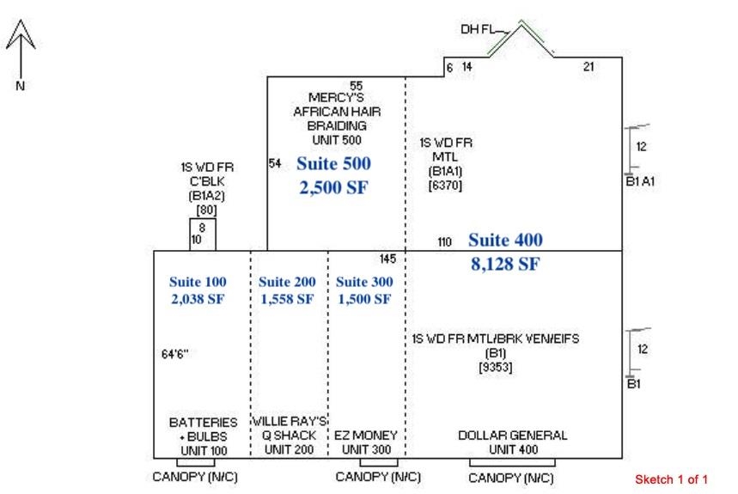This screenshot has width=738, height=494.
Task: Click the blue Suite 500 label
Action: (333, 163)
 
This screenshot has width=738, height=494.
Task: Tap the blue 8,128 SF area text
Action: (505, 265)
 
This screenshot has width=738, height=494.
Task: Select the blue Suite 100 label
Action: (198, 282)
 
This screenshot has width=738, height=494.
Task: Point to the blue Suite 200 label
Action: (287, 282)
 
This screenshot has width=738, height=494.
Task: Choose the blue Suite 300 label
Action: (363, 282)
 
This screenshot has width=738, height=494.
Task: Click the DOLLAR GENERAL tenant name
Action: (512, 436)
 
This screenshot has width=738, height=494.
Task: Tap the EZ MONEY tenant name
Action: (366, 436)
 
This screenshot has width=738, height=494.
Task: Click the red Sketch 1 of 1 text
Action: (671, 479)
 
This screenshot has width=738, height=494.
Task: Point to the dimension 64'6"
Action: (174, 353)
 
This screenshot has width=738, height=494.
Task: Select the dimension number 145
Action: (387, 259)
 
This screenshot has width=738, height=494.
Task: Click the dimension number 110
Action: (444, 243)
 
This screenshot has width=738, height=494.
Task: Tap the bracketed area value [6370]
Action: (445, 184)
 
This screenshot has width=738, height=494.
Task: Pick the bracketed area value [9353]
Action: (496, 367)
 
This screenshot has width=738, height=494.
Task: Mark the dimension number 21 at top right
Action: (589, 66)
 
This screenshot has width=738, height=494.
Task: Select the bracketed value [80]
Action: (205, 209)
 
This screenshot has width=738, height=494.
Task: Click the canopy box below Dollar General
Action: (511, 462)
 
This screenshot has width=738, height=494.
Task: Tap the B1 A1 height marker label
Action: (640, 180)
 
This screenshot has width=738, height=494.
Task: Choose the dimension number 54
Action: (275, 163)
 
